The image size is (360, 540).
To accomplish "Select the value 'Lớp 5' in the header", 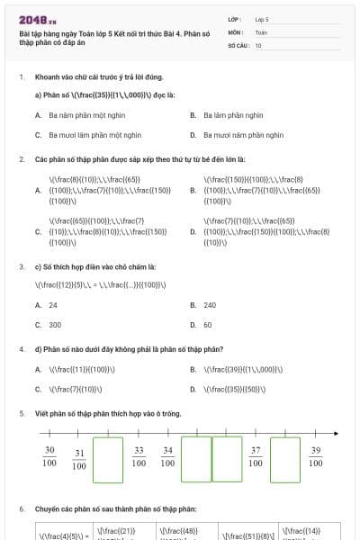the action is (263, 18).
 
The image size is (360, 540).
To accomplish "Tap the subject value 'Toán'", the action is (262, 31).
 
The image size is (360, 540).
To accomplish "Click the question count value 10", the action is (258, 44).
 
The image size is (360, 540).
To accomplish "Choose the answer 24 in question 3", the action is (53, 305).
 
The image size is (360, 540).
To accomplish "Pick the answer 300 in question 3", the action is (55, 325).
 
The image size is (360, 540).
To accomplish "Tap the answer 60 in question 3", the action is (208, 325).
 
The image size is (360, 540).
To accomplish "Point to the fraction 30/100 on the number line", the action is (49, 456).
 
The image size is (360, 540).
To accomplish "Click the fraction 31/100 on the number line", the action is (79, 459).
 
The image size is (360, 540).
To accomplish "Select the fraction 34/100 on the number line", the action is (167, 456).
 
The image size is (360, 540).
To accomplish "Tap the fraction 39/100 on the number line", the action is (315, 456).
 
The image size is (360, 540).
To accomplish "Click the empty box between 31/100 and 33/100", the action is (108, 459).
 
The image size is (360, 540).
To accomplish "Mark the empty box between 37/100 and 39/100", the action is (284, 459).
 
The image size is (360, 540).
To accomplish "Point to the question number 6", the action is (22, 509).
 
